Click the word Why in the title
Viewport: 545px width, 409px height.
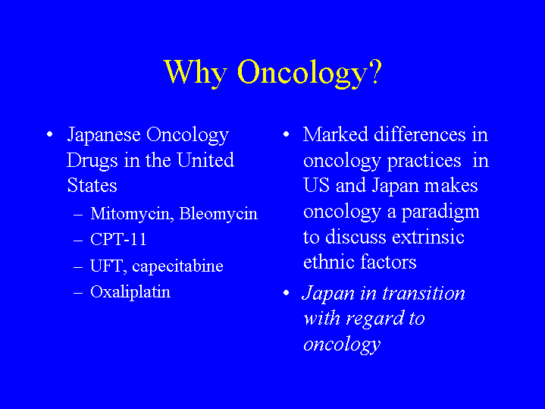(196, 72)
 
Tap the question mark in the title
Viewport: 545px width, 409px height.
(375, 71)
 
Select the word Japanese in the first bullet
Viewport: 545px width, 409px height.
(104, 135)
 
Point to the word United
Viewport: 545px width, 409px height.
(205, 160)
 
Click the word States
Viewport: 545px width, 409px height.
(92, 185)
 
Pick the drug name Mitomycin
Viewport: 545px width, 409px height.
(132, 214)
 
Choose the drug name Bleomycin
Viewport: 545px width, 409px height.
(218, 213)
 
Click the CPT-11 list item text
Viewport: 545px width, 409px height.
(118, 239)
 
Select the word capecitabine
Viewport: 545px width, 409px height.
(177, 266)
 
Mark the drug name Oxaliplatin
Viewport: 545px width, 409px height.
(130, 292)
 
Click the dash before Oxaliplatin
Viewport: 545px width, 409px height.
(78, 293)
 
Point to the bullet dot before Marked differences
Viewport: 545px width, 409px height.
(286, 134)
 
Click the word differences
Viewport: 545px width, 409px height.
(419, 134)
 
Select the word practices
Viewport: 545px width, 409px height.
(424, 161)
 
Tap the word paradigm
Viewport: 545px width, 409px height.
(440, 212)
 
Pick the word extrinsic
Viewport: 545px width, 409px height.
(428, 237)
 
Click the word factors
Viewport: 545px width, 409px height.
(388, 262)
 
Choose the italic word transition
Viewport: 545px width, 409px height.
(424, 293)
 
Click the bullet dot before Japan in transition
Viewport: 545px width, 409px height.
(286, 293)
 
